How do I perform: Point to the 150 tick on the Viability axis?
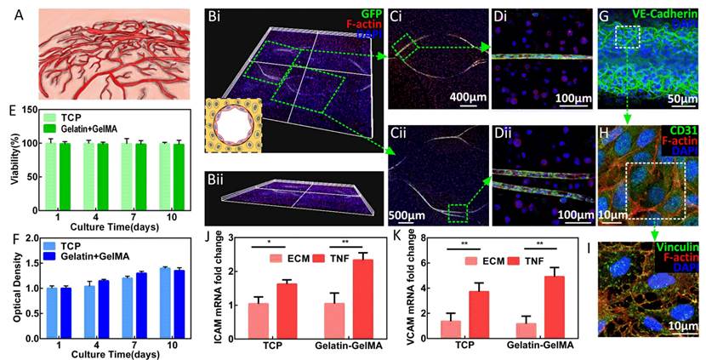26,111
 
